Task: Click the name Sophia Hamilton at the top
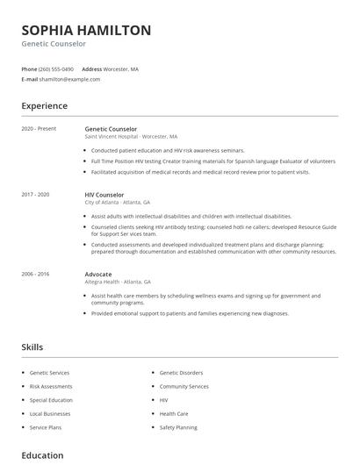point(86,30)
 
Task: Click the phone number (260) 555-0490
point(57,68)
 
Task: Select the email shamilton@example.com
point(71,79)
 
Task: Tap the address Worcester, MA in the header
point(122,68)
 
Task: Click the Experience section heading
point(44,106)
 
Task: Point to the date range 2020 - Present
point(39,129)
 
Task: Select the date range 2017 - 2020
point(36,195)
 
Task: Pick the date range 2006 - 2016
point(36,274)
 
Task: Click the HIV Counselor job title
point(104,195)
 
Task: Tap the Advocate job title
point(98,274)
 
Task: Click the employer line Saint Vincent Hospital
point(131,137)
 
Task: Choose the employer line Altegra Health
point(118,282)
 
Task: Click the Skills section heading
point(32,347)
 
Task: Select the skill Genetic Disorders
point(181,373)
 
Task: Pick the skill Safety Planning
point(178,427)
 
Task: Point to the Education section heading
point(42,455)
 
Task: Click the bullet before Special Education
point(23,400)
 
